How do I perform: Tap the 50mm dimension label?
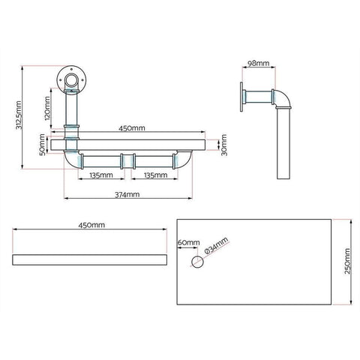[x=42, y=146]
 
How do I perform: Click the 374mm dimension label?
[x=126, y=194]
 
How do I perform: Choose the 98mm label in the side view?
[x=259, y=64]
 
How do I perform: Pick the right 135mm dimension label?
[x=155, y=175]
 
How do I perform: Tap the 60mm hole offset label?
[x=188, y=243]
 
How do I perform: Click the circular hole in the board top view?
[x=197, y=262]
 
